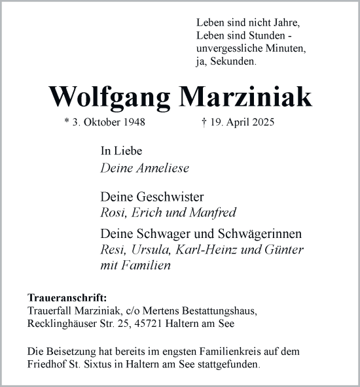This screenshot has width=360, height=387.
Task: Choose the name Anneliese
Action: point(163,168)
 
